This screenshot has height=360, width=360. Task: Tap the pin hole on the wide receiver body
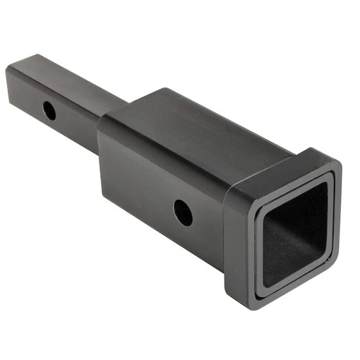pyautogui.click(x=183, y=212)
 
